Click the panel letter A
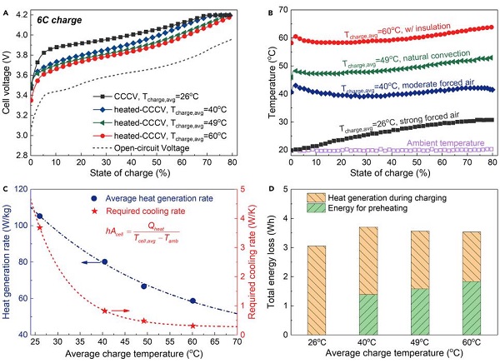(7, 7)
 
